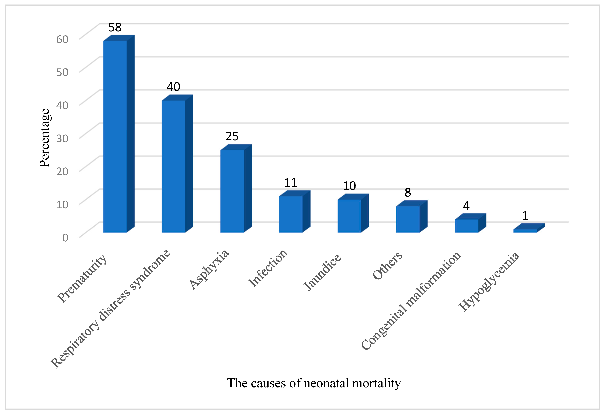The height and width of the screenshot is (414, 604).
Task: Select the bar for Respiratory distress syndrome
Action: (174, 166)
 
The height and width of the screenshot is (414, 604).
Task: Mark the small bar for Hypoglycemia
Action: (525, 231)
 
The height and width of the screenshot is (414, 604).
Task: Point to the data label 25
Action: (232, 136)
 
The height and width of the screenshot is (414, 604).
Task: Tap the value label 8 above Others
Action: (408, 193)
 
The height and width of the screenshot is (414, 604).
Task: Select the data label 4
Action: (466, 206)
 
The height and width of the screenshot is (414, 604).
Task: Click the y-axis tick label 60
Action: (62, 39)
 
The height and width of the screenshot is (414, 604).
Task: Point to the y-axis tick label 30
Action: (62, 138)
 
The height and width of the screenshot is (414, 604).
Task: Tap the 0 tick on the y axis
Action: (65, 237)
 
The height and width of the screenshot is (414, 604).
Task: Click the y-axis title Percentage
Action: (45, 138)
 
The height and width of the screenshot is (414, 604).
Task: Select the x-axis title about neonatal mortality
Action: (314, 383)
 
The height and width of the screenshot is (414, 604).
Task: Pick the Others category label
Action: (387, 265)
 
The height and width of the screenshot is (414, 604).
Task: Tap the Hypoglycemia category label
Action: (489, 281)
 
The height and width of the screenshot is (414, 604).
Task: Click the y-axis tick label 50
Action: (62, 72)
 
